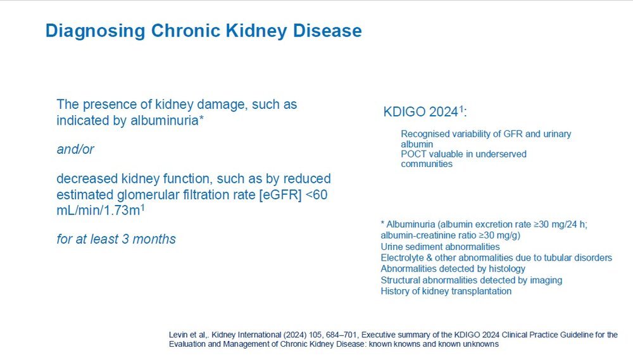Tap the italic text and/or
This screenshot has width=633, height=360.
coord(75,149)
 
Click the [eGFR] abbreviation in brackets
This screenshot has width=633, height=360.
coord(280,196)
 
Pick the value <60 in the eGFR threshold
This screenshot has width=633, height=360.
coord(316,194)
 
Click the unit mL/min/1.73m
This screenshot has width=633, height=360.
coord(99,210)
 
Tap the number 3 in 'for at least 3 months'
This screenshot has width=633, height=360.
coord(125,239)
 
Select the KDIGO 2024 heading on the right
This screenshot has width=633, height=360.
coord(425,111)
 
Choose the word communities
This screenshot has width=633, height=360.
coord(427,164)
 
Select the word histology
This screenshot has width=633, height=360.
coord(507,269)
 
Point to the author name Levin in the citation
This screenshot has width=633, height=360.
coord(178,335)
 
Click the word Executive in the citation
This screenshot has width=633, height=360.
coord(377,335)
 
